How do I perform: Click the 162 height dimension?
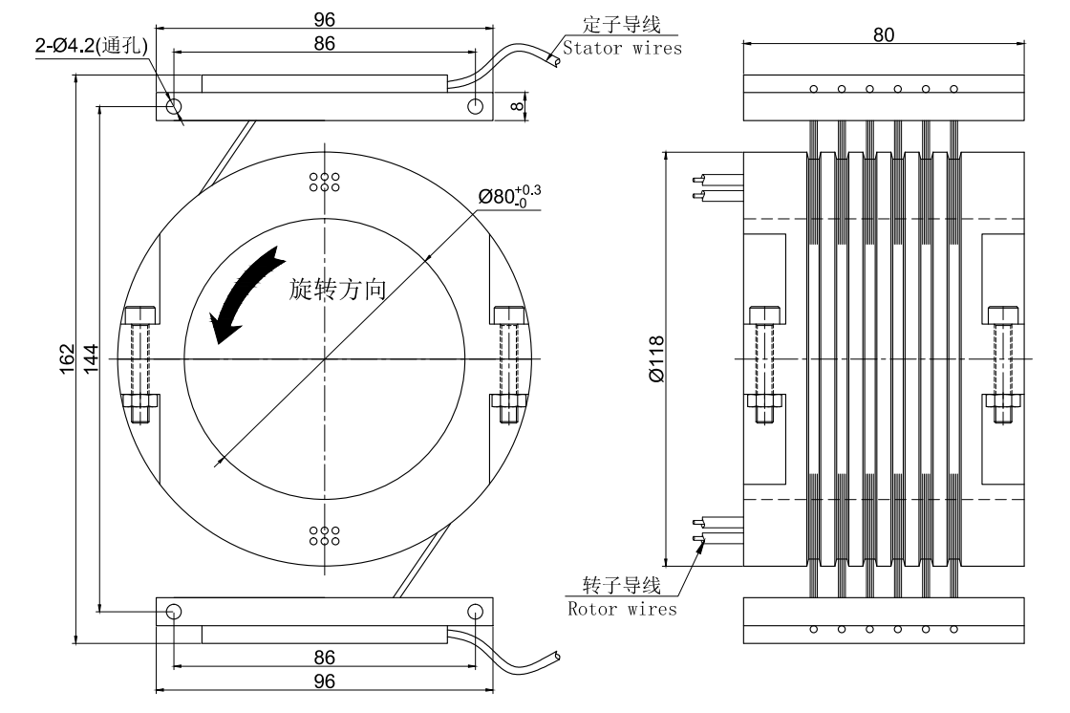(66, 361)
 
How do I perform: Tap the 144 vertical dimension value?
(92, 360)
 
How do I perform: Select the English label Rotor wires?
(623, 608)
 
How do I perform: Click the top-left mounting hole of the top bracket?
(173, 106)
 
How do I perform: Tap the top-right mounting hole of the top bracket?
(475, 106)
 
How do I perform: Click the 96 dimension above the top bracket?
(325, 19)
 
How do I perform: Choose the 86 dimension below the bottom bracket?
(325, 657)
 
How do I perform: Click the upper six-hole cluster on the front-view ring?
(326, 183)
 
